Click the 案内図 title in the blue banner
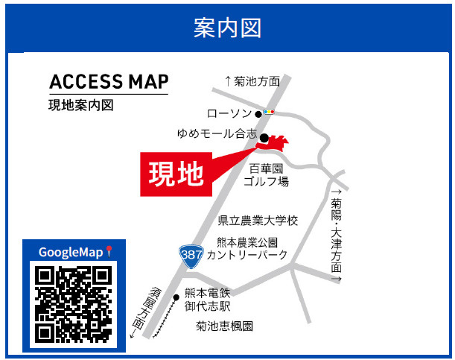click(227, 28)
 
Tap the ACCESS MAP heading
click(109, 81)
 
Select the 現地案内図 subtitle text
click(81, 105)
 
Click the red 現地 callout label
click(176, 173)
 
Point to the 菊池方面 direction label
click(252, 81)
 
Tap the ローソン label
click(230, 113)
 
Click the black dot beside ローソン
click(258, 114)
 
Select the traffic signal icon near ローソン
click(269, 113)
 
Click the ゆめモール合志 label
click(217, 135)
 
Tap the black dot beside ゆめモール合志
click(264, 137)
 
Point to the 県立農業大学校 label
click(258, 221)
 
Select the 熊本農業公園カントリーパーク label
click(246, 249)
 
